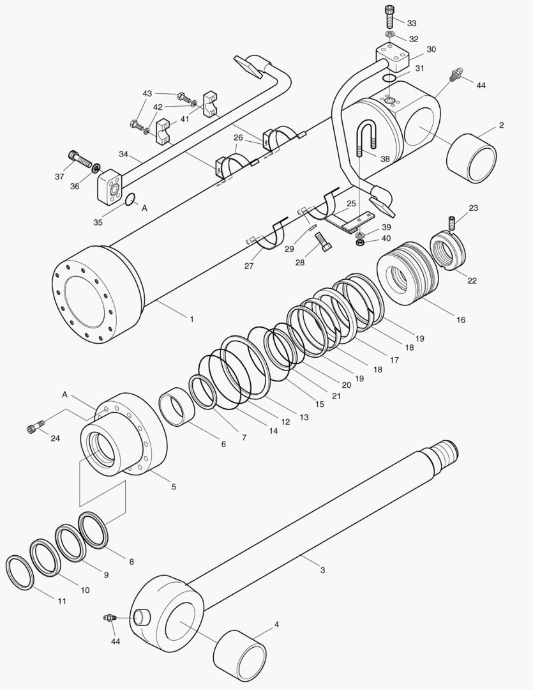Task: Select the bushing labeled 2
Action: click(473, 158)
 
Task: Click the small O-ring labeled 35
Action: click(130, 200)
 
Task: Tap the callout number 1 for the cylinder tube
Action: click(191, 318)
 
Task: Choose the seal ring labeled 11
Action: click(20, 572)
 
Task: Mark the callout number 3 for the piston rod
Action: click(322, 569)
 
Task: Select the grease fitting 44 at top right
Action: click(456, 76)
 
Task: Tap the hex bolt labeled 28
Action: click(322, 242)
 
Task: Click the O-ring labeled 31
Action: click(387, 78)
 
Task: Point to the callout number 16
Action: click(460, 319)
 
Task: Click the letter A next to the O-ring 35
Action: click(144, 208)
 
